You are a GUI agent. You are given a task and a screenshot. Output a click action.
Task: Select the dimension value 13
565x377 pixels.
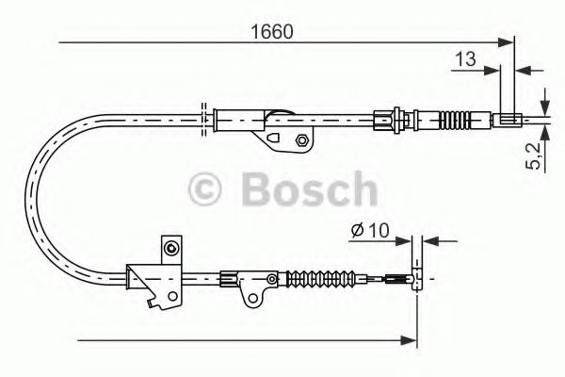(464, 58)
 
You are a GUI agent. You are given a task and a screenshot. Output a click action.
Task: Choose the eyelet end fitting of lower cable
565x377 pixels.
(414, 279)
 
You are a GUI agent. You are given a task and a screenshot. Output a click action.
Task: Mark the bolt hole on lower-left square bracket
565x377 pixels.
(169, 249)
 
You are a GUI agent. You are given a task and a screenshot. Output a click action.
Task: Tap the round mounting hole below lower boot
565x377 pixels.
(252, 299)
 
